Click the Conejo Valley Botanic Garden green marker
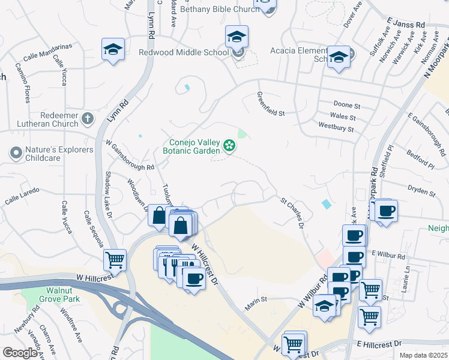pos(229,145)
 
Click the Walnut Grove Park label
pos(55,293)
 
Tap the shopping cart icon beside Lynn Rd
pos(114,260)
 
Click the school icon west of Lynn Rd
pos(112,50)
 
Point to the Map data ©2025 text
pos(423,355)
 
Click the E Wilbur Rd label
pos(389,254)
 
